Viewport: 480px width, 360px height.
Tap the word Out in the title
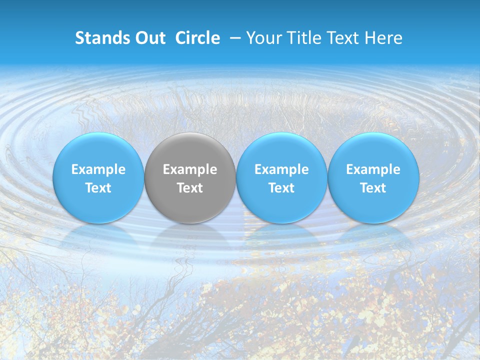click(x=149, y=38)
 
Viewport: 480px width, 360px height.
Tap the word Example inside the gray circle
click(x=190, y=169)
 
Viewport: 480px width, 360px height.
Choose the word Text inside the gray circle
click(x=190, y=188)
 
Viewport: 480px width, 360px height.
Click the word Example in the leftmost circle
click(x=98, y=169)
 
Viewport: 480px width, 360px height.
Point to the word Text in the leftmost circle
click(x=98, y=188)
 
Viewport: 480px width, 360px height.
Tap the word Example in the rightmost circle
click(x=373, y=169)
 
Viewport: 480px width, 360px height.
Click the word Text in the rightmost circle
click(x=373, y=188)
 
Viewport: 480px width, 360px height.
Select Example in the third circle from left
click(x=281, y=169)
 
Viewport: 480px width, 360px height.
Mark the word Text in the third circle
click(x=281, y=188)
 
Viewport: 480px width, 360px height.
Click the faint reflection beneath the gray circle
click(x=190, y=237)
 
